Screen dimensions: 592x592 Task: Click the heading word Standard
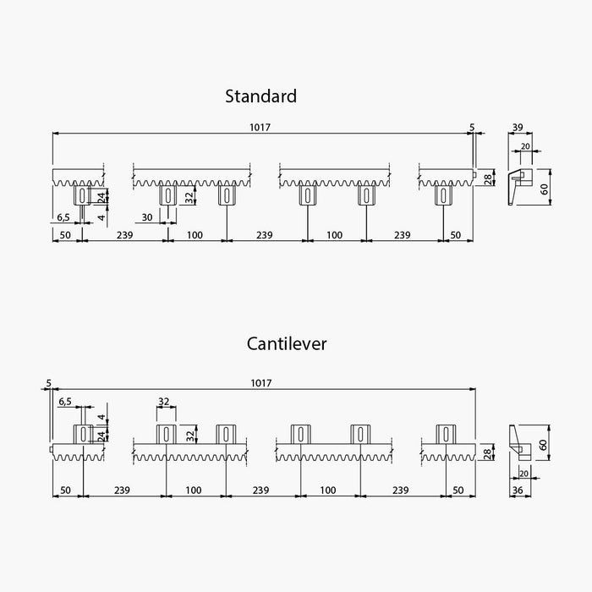(260, 96)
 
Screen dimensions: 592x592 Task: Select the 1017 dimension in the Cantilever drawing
(260, 383)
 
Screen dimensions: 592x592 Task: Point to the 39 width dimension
(517, 128)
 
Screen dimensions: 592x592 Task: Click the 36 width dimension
(517, 490)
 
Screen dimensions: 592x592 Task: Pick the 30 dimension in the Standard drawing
(146, 217)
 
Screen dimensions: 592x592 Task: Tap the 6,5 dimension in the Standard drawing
(63, 217)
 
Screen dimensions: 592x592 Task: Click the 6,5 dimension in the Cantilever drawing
(65, 402)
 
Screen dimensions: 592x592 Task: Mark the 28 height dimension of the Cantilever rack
(487, 453)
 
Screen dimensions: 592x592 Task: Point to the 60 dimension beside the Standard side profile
(545, 189)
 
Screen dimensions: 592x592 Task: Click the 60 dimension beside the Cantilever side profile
(545, 445)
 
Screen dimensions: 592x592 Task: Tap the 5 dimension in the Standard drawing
(471, 128)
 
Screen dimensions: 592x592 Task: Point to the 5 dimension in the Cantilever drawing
(49, 383)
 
